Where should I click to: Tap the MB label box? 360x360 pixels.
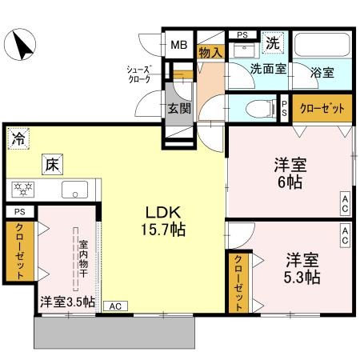[177, 45]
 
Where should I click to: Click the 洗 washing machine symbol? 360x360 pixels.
[273, 42]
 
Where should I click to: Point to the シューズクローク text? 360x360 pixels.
[139, 74]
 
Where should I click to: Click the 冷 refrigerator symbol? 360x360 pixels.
[18, 138]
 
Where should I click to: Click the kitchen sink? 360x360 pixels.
[75, 190]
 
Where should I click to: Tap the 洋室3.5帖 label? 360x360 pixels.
[68, 302]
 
